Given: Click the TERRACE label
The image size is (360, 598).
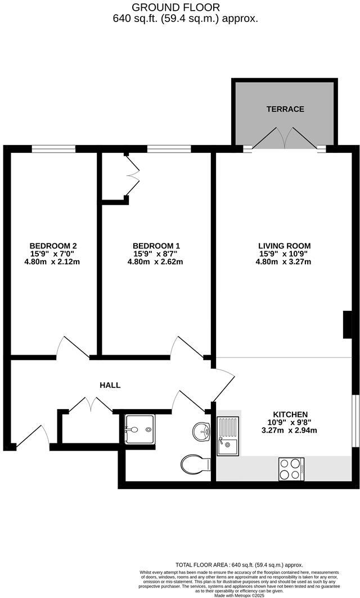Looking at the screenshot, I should click(x=285, y=109).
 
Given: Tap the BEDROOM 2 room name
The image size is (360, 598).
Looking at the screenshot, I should click(x=53, y=246).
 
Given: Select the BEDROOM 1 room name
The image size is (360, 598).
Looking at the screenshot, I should click(x=156, y=246).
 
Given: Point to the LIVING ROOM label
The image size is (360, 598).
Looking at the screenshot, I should click(x=284, y=246).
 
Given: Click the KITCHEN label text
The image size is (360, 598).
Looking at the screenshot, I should click(x=290, y=414).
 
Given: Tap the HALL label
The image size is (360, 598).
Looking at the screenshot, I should click(x=110, y=385).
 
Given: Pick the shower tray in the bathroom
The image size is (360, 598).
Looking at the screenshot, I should click(x=138, y=429).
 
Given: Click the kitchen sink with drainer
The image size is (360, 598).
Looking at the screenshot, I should click(x=228, y=436).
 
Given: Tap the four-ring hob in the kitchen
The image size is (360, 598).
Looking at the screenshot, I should click(x=291, y=469).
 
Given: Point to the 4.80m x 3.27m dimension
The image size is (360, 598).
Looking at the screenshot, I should click(x=284, y=261).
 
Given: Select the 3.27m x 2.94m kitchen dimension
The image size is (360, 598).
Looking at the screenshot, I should click(x=290, y=431).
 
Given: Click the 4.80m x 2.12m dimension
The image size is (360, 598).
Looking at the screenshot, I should click(x=53, y=261).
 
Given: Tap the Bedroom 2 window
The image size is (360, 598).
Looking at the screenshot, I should click(x=53, y=148).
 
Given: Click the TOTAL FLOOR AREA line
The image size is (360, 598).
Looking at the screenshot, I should click(x=239, y=565).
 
